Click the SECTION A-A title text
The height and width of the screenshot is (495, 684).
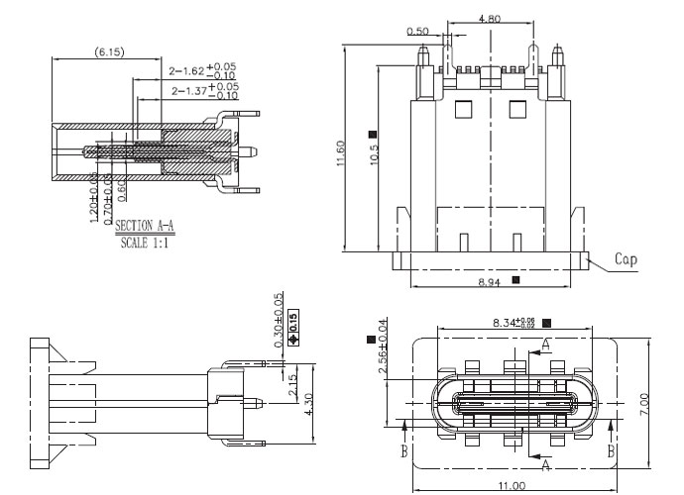pos(144,227)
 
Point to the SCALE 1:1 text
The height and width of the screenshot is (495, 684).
pos(144,241)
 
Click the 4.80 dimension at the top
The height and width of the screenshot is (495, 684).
pos(489,18)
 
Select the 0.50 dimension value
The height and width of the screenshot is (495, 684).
pos(417,32)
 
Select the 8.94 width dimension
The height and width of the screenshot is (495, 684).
pos(490,282)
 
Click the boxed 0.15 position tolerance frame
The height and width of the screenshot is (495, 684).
pos(292,325)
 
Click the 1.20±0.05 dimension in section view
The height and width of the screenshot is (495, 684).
pos(94,197)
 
